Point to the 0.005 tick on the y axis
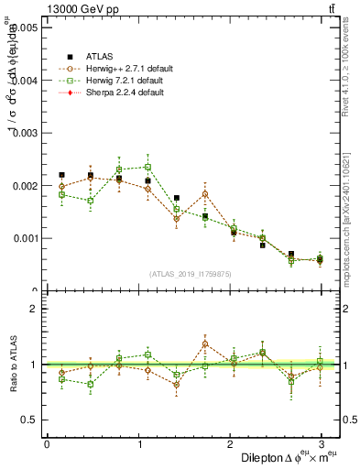point(26,27)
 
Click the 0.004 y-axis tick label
point(26,81)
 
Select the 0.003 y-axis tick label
point(26,133)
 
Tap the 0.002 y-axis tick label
point(26,186)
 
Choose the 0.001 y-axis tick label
point(26,238)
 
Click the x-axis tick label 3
point(321,444)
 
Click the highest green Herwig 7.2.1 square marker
point(147,167)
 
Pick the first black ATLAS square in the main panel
point(61,175)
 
